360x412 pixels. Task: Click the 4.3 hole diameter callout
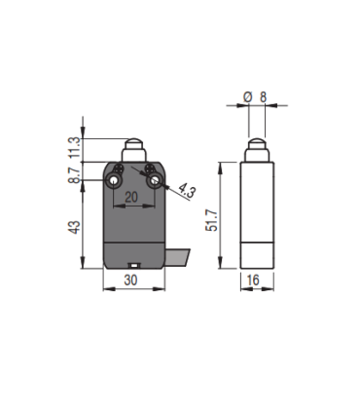click(x=186, y=193)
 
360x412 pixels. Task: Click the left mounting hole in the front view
click(x=117, y=181)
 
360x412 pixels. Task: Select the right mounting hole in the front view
click(x=152, y=181)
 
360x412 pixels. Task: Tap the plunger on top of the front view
click(x=134, y=152)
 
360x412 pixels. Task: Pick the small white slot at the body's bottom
click(x=134, y=264)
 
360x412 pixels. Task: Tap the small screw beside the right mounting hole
click(x=153, y=171)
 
